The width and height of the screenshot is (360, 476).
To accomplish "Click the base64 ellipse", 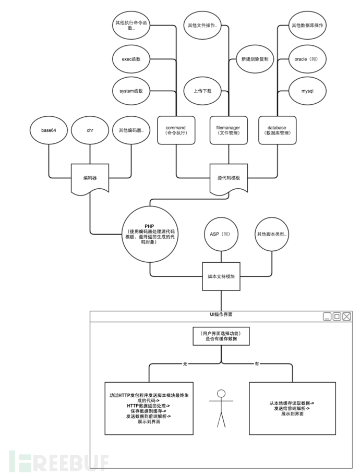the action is (49, 130).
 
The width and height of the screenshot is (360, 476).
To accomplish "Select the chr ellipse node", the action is (90, 130).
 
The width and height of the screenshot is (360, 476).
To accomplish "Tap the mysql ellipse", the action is (307, 91).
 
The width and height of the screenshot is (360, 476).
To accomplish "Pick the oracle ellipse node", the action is (307, 59).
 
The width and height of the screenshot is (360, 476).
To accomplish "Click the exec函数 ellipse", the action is (131, 59).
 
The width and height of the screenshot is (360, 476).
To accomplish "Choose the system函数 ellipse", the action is (131, 91).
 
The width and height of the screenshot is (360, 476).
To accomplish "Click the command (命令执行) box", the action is (176, 130).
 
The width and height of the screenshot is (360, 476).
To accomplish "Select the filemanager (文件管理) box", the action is (229, 130).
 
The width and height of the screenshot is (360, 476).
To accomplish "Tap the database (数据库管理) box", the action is (277, 130).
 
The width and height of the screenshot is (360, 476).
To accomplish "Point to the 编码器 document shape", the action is (90, 178).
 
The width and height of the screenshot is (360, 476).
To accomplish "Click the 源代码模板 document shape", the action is (229, 178).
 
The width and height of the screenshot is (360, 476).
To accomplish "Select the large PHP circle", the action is (150, 234).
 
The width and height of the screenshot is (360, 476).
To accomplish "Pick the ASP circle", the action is (221, 234).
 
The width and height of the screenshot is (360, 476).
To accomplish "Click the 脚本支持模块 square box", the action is (221, 276).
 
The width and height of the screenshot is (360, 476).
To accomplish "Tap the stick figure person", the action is (221, 408).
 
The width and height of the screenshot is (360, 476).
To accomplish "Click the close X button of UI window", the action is (346, 316).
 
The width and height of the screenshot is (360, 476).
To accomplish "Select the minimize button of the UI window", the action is (327, 316).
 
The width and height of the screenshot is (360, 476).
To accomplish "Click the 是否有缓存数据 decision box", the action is (221, 336).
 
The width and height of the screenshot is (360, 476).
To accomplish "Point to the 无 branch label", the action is (185, 363).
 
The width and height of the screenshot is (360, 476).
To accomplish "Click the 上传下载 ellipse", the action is (202, 91).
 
